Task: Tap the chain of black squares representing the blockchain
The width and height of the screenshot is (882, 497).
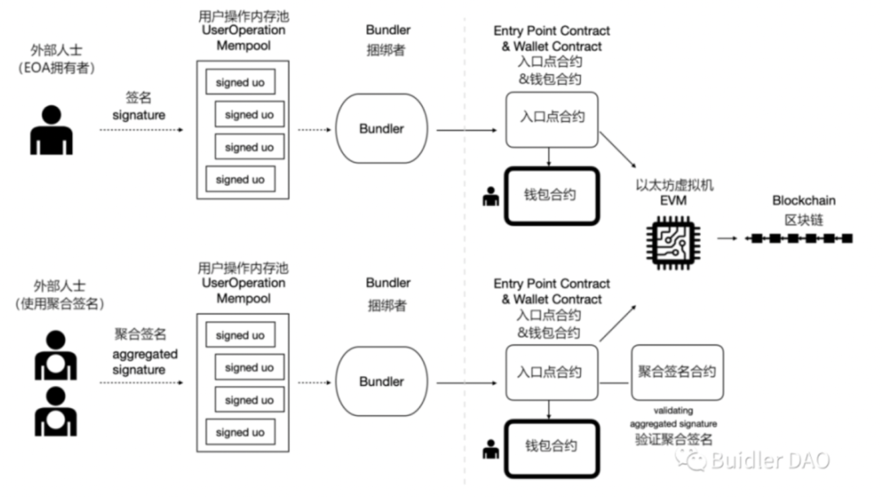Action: (801, 239)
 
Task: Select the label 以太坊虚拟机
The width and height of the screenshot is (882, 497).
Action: (674, 185)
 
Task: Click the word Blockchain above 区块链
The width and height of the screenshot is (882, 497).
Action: (804, 200)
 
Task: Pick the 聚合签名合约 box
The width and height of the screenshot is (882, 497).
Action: (676, 372)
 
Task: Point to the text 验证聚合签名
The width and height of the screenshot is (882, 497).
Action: (674, 440)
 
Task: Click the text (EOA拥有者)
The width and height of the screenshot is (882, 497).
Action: (57, 69)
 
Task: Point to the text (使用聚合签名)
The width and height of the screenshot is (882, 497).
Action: (57, 303)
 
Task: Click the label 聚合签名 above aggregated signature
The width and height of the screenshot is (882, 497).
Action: (139, 334)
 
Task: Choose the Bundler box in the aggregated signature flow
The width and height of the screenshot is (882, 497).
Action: (381, 382)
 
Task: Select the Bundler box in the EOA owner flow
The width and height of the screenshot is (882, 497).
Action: (381, 129)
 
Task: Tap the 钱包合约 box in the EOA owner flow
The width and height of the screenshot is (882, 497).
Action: (550, 195)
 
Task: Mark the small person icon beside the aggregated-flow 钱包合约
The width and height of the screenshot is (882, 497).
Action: (491, 449)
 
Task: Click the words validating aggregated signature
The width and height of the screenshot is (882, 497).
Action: (674, 417)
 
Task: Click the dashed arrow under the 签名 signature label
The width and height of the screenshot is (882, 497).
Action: (139, 130)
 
